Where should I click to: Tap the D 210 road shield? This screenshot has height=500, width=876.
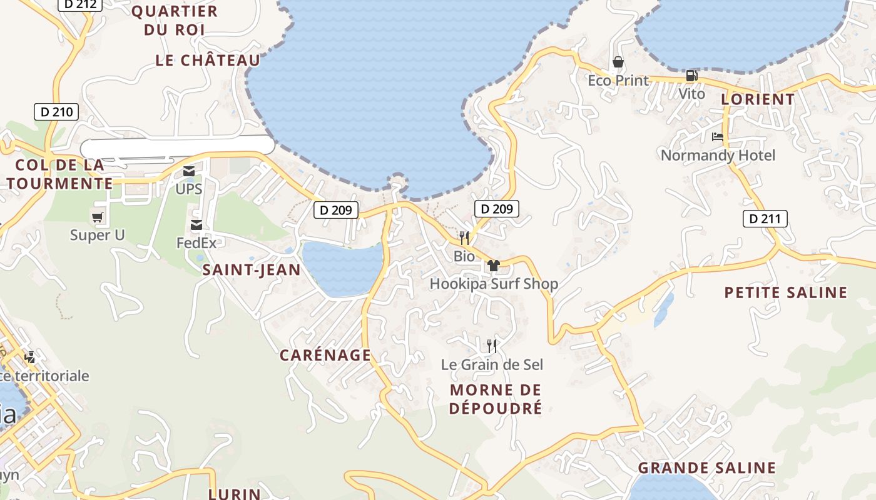tap(56, 112)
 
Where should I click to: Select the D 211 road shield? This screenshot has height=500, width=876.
tap(765, 219)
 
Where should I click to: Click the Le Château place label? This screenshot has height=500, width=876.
tap(208, 61)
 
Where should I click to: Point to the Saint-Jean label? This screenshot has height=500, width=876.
tap(252, 270)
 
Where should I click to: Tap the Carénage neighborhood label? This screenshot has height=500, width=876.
tap(325, 356)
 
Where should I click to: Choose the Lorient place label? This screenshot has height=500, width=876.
tap(758, 99)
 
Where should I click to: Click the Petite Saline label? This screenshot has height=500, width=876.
tap(786, 292)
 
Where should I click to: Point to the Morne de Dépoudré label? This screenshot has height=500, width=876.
tap(496, 399)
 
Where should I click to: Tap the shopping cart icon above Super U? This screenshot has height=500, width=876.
tap(98, 217)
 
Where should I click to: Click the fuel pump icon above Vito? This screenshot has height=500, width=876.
tap(691, 76)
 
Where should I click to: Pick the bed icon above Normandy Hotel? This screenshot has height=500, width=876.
tap(718, 137)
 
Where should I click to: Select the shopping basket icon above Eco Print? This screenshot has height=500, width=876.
tap(618, 62)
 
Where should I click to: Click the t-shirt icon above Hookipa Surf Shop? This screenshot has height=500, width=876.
tap(493, 266)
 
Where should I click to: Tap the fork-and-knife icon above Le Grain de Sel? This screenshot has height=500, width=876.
tap(492, 346)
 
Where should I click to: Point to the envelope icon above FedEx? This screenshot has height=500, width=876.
tap(196, 225)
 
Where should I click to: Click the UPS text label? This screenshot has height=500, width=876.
tap(189, 189)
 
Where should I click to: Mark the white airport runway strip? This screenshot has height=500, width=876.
tap(178, 146)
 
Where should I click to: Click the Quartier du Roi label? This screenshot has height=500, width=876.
tap(175, 20)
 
